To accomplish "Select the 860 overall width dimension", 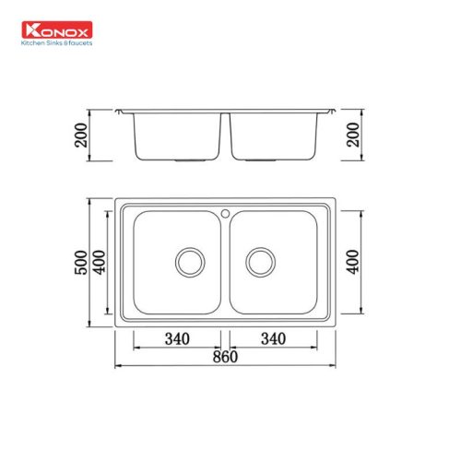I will click(x=224, y=356).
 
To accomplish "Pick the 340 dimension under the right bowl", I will click(x=272, y=338).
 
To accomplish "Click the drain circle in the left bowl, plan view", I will click(x=191, y=261).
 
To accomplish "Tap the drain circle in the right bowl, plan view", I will click(x=260, y=261).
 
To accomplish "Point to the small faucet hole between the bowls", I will click(x=225, y=213).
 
